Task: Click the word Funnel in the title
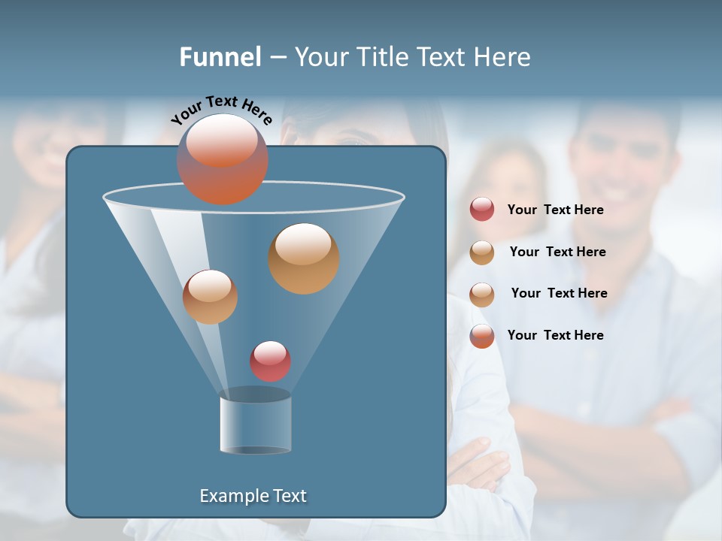(x=220, y=57)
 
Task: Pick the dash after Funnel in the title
(x=278, y=58)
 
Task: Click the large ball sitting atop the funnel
(x=223, y=159)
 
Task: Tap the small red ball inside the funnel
(x=270, y=361)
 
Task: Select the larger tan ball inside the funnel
(x=304, y=258)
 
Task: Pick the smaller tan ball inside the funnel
(x=210, y=297)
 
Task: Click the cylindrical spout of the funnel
(x=255, y=425)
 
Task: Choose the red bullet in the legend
(x=482, y=210)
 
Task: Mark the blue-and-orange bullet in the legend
(x=482, y=336)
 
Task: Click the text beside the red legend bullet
(x=555, y=210)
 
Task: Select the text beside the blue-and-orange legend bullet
(x=555, y=335)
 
